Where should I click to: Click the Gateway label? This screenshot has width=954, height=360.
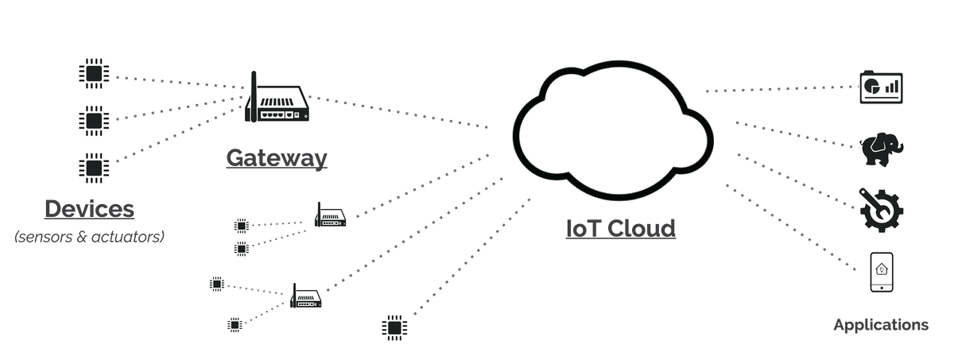(x=276, y=157)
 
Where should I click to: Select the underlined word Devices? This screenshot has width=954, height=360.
(x=89, y=210)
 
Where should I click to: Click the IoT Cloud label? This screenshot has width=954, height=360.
(x=619, y=228)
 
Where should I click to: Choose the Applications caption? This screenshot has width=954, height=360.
(x=880, y=326)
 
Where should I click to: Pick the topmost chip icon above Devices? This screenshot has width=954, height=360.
(x=96, y=75)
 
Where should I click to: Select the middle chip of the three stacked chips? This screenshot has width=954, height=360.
(x=96, y=121)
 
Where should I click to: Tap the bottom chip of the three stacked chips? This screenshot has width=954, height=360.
(x=96, y=165)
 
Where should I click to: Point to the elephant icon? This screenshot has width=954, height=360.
(x=879, y=149)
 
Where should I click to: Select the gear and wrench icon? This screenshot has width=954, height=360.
(x=881, y=207)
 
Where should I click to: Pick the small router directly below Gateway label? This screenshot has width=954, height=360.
(x=330, y=215)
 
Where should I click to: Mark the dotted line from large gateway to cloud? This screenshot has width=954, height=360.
(x=397, y=112)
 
